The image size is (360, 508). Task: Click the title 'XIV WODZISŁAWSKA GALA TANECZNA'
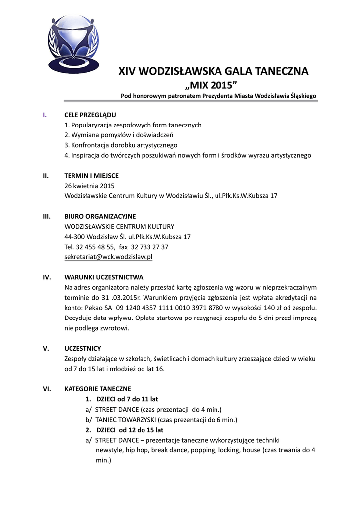[x=213, y=71]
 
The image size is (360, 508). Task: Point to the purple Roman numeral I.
[x=45, y=115]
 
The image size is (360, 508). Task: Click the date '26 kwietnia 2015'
[x=89, y=186]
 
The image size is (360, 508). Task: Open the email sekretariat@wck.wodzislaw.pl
[x=108, y=257]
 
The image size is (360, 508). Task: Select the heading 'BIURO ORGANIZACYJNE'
[x=100, y=216]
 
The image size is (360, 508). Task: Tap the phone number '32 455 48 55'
[x=95, y=247]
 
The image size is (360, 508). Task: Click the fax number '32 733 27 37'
[x=151, y=247]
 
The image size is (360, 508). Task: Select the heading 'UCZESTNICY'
[x=82, y=348]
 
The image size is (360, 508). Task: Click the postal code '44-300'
[x=74, y=237]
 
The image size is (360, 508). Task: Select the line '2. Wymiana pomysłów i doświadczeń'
[x=119, y=135]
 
